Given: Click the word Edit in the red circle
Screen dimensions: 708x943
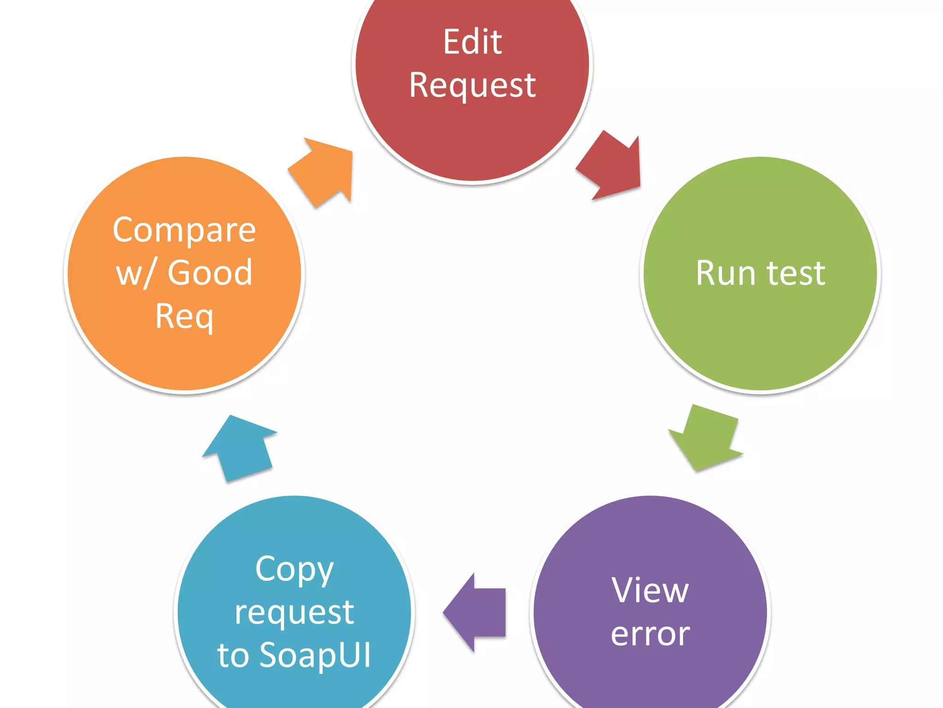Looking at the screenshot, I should click(x=472, y=42).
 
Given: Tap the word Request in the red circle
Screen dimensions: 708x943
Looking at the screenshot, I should click(x=472, y=86).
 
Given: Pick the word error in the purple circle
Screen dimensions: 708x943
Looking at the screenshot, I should click(x=650, y=634).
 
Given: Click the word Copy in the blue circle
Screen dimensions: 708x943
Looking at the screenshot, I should click(x=294, y=570).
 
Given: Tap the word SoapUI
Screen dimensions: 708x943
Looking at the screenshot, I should click(x=315, y=655).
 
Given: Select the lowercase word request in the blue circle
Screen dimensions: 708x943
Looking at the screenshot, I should click(x=294, y=613).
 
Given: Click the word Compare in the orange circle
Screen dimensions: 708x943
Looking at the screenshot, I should click(x=184, y=230).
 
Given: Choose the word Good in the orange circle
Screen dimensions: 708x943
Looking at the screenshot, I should click(x=210, y=273).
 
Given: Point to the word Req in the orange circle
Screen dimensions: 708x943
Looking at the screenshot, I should click(x=184, y=317).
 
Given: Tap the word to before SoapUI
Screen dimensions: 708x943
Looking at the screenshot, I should click(x=233, y=655).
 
